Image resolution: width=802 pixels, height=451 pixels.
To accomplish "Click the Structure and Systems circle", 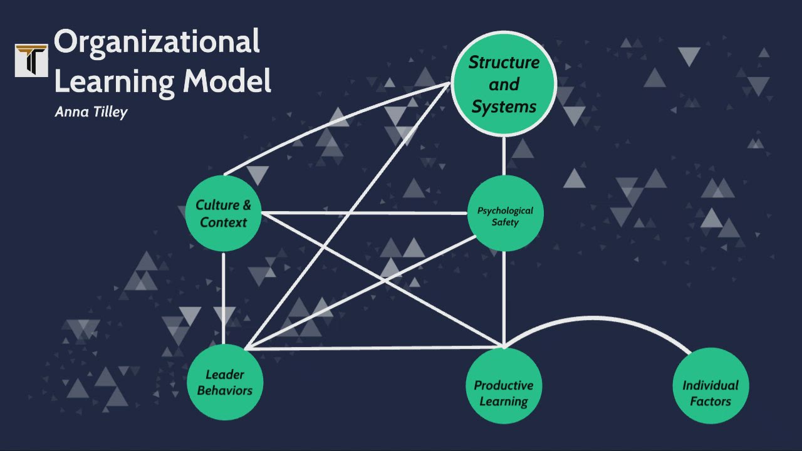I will point(504,84).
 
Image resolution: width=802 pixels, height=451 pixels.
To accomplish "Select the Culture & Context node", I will point(223,214).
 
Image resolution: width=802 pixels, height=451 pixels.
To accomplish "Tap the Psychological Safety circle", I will point(504,214).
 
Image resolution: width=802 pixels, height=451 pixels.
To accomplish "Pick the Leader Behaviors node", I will point(224,382).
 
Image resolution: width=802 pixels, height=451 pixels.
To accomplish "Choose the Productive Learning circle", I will point(504,386).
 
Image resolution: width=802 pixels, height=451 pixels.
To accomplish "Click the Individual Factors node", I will point(710,386).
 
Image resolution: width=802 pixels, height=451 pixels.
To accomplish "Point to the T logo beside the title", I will point(31,60).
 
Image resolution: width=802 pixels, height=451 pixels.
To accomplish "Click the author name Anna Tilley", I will point(91,112).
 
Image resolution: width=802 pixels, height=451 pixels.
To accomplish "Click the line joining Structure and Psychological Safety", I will point(504,155).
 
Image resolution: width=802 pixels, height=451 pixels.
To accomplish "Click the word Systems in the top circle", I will point(504,106).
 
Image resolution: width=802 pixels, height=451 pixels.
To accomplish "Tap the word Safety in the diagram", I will point(505,222).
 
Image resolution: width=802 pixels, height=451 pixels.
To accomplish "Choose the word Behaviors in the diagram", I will point(225,390).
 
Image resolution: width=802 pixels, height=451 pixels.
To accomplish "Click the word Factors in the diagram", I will point(710,401).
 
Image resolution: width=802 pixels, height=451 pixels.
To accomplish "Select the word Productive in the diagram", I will point(503,385).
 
